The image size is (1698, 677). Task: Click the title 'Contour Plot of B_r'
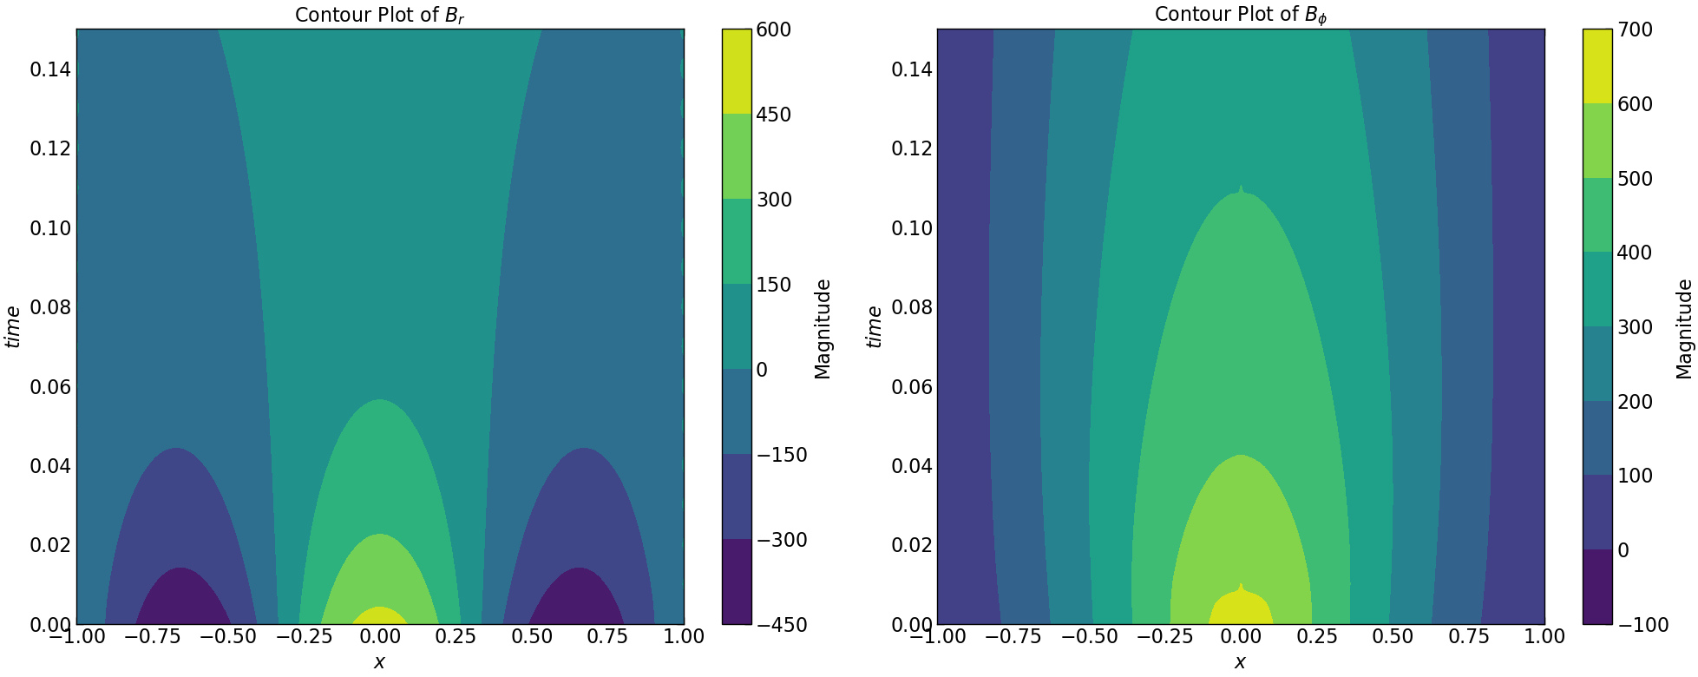pyautogui.click(x=379, y=15)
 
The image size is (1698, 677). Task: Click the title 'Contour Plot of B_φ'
pyautogui.click(x=1240, y=15)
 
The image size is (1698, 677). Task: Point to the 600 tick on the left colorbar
pyautogui.click(x=773, y=30)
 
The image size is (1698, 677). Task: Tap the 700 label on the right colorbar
pyautogui.click(x=1635, y=30)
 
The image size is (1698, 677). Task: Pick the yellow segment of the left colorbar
pyautogui.click(x=737, y=71)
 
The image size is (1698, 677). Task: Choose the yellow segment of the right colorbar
pyautogui.click(x=1597, y=66)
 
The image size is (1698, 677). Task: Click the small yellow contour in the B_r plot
pyautogui.click(x=379, y=616)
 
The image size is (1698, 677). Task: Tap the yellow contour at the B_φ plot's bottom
pyautogui.click(x=1241, y=608)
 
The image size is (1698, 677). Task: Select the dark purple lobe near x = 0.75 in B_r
pyautogui.click(x=577, y=601)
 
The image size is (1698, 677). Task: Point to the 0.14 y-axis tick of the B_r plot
pyautogui.click(x=50, y=69)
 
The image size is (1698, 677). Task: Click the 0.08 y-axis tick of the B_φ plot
pyautogui.click(x=912, y=307)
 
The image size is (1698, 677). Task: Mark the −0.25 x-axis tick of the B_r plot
pyautogui.click(x=304, y=636)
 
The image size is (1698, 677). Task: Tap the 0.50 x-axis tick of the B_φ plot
pyautogui.click(x=1393, y=636)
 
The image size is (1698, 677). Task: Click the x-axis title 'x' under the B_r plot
pyautogui.click(x=379, y=662)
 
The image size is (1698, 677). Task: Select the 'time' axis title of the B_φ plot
pyautogui.click(x=874, y=326)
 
